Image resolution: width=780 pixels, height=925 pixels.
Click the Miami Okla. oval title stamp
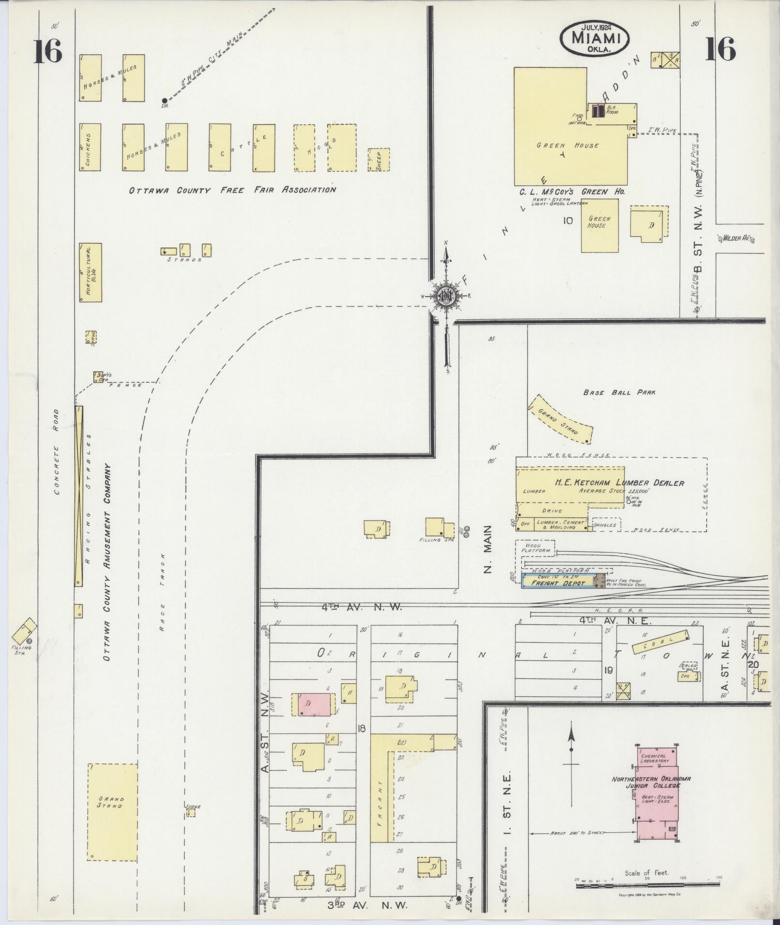[595, 37]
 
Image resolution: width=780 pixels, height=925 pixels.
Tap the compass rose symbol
[445, 296]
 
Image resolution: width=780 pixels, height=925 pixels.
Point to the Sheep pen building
[379, 160]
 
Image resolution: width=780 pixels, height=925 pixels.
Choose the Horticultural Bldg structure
[90, 272]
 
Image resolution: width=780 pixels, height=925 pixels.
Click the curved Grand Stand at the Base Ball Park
[559, 419]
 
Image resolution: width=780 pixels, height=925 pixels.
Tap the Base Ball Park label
[619, 392]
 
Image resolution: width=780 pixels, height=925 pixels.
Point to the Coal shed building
[660, 641]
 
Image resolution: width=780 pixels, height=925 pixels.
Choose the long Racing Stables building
[79, 496]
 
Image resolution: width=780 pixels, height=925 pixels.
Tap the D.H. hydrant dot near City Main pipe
[164, 101]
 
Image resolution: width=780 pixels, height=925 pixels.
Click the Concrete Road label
[57, 452]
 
